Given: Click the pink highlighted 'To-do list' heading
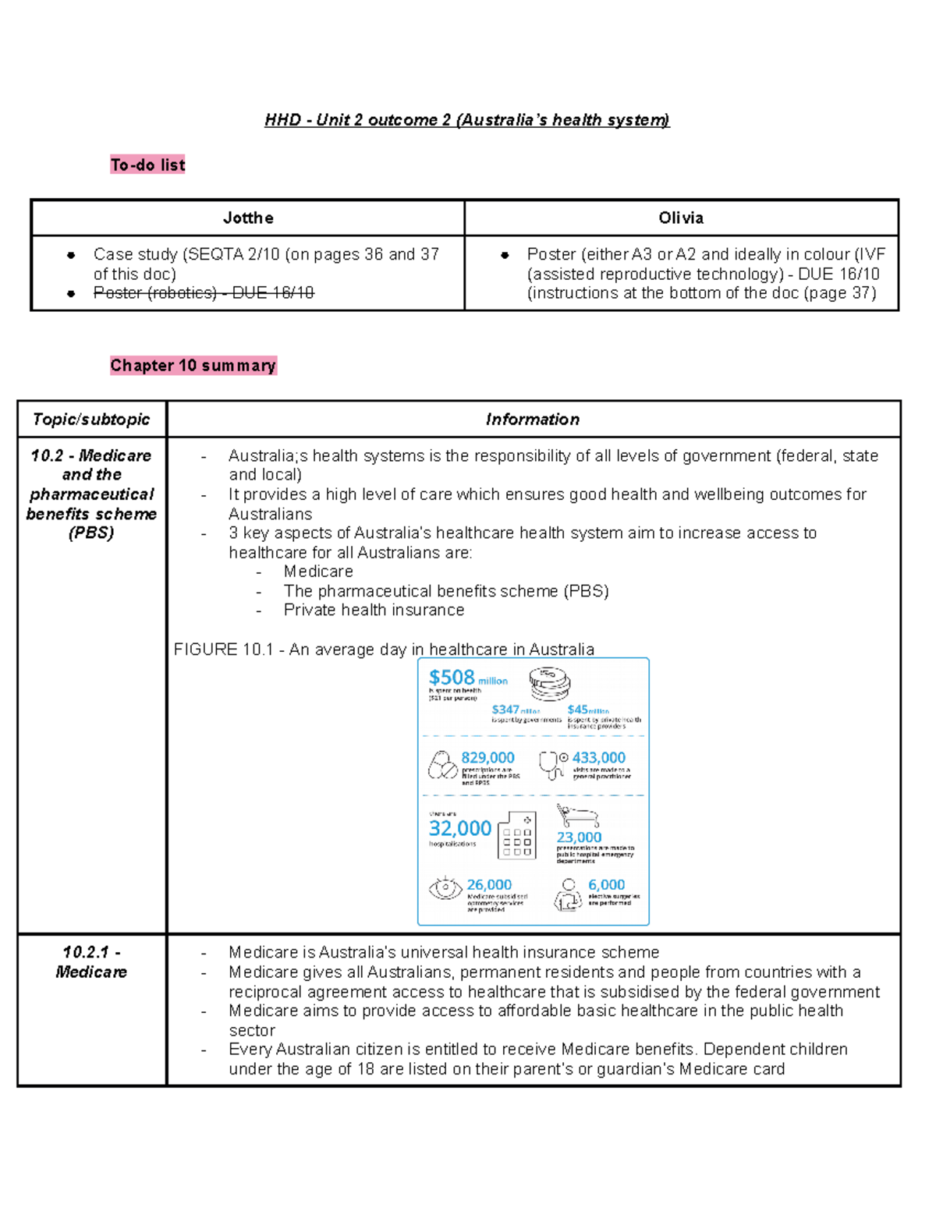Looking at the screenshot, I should click(x=147, y=165).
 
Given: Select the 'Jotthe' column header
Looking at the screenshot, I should click(x=248, y=218).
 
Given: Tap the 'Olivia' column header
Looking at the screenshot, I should click(x=681, y=218).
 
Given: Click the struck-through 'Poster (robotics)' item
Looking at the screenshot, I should click(x=204, y=293).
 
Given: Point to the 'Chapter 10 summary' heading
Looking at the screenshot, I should click(x=193, y=366).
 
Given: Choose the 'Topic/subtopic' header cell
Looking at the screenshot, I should click(x=91, y=420).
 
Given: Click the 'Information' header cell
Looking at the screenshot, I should click(x=533, y=420).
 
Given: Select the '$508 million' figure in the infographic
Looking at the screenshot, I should click(x=467, y=678).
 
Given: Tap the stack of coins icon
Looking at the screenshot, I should click(x=550, y=683).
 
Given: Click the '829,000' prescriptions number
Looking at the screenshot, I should click(x=487, y=757).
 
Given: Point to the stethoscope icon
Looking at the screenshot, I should click(x=551, y=765).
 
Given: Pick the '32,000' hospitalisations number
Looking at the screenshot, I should click(x=460, y=828).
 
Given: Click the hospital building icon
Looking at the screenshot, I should click(x=517, y=835).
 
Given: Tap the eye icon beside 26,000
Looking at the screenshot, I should click(x=445, y=888).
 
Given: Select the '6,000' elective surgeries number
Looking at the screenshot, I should click(x=606, y=885).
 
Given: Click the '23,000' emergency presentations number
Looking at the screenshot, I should click(x=579, y=837).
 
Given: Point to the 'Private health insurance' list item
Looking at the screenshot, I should click(x=374, y=611).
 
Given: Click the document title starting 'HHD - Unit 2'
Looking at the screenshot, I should click(x=466, y=120).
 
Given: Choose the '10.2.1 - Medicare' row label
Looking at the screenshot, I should click(x=91, y=962).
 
